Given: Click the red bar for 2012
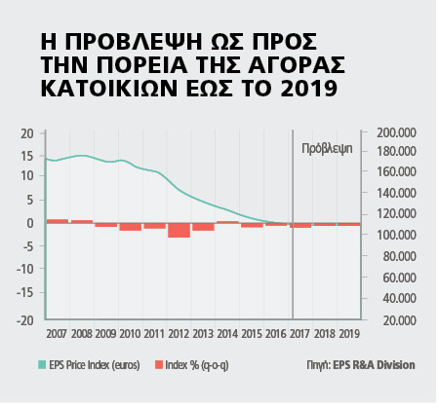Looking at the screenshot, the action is (179, 231).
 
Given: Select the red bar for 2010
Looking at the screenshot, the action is (131, 227).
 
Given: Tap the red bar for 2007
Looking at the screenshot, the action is (58, 221).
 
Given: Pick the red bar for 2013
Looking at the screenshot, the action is (203, 227).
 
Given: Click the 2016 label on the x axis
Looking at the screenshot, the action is (276, 334).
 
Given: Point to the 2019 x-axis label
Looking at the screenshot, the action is (349, 334).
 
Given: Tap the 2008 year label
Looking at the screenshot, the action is (82, 334).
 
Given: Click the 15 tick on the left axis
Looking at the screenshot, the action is (27, 156).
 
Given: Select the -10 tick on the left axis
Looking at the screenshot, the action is (25, 269).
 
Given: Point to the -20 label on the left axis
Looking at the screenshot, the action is (25, 320).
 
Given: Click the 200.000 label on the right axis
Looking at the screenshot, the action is (396, 132).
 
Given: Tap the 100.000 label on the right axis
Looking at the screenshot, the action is (396, 235).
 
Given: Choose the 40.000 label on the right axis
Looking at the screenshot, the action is (399, 298).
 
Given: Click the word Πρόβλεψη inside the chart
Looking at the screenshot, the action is (327, 149).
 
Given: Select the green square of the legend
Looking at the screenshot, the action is (42, 365).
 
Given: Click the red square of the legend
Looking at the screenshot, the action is (159, 365).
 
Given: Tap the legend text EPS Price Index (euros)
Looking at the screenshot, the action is (95, 365).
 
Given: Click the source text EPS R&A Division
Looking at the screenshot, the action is (374, 365).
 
